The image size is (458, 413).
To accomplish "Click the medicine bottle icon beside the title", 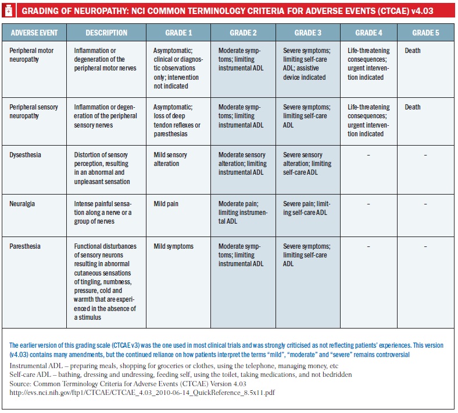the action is (9, 11).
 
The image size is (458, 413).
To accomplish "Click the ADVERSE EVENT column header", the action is (34, 33).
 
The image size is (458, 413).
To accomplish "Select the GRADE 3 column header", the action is (307, 33).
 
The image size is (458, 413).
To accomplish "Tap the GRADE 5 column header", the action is (425, 33).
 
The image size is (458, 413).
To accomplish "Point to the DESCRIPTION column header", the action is (106, 33).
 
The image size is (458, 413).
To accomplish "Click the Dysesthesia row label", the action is (25, 155).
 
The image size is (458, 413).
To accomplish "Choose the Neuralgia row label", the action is (22, 204).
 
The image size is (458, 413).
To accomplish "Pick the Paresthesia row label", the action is (25, 246).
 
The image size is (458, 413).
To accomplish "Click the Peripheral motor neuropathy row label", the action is (31, 55).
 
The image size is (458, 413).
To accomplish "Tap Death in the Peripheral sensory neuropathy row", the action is (413, 107).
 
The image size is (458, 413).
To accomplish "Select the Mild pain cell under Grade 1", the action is (166, 204).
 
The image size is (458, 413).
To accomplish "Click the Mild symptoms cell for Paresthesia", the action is (174, 246).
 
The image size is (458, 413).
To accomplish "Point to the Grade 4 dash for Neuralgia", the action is (368, 204).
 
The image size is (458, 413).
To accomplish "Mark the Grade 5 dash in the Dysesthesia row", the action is (425, 155).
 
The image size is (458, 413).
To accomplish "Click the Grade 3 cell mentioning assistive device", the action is (306, 64).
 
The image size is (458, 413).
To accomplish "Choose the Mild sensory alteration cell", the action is (170, 159).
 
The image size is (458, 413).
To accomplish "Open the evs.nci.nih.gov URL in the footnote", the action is (142, 393).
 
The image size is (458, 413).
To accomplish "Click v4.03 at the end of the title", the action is (422, 11).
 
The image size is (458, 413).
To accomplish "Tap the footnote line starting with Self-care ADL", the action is (181, 375).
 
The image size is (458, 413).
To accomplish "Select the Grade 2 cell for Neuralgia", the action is (243, 213).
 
